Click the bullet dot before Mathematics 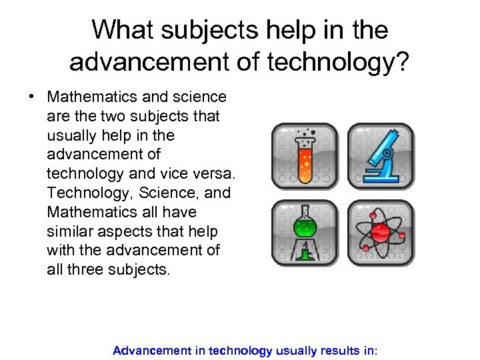(31, 97)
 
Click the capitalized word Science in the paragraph (164, 193)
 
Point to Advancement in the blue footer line (151, 350)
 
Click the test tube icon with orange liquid (305, 157)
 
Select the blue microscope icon (381, 157)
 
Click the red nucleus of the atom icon (381, 233)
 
